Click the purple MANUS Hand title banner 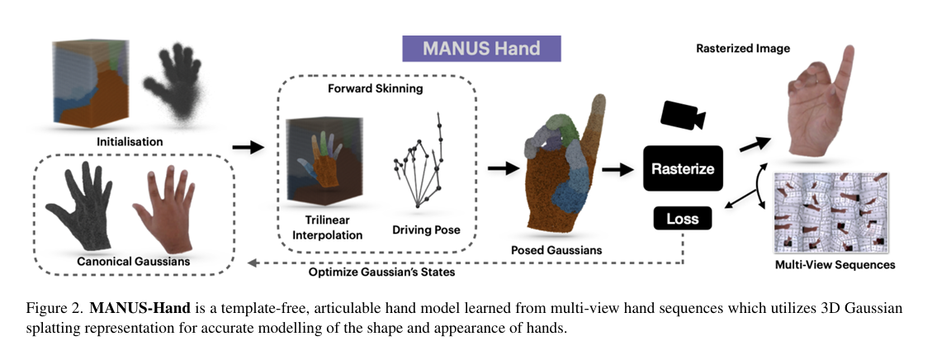481,48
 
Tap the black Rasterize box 683,168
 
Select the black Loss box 683,219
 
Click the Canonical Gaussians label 134,262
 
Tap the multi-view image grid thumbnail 832,212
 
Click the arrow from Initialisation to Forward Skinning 247,148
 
